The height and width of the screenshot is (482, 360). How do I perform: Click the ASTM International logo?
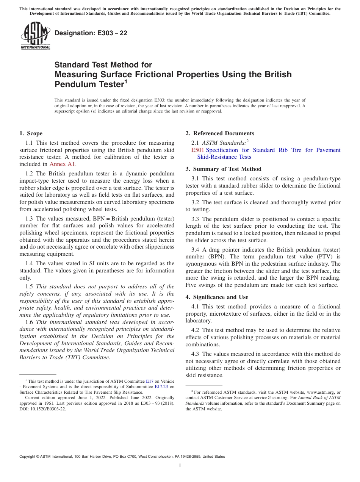(35, 36)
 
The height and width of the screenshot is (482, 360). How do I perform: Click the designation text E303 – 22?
(91, 33)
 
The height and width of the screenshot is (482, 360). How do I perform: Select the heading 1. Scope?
(31, 133)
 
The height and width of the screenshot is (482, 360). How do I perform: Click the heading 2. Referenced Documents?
(220, 133)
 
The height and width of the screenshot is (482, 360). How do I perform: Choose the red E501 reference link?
(198, 150)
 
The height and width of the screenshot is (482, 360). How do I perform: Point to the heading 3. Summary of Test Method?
(223, 169)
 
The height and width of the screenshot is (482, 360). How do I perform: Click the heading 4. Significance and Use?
(217, 297)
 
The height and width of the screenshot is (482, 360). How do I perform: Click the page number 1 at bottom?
(180, 466)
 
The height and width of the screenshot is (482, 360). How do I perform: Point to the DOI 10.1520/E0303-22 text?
(42, 409)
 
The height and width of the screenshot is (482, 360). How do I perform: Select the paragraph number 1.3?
(29, 219)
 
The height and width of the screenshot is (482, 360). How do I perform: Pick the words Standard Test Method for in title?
(103, 65)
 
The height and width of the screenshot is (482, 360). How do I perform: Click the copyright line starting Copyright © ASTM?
(122, 457)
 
